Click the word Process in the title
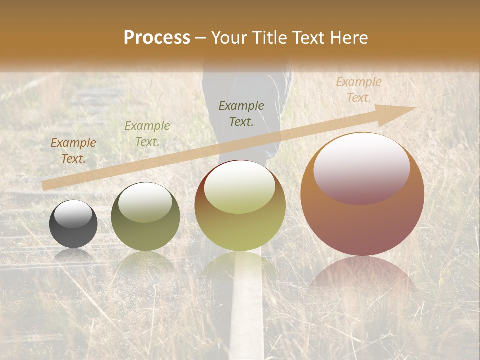[157, 38]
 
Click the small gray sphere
[73, 224]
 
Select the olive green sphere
[145, 217]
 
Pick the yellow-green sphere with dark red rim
[240, 206]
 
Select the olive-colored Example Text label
[147, 134]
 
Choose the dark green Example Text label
[241, 113]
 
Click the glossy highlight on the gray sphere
[73, 214]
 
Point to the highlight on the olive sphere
[145, 202]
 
